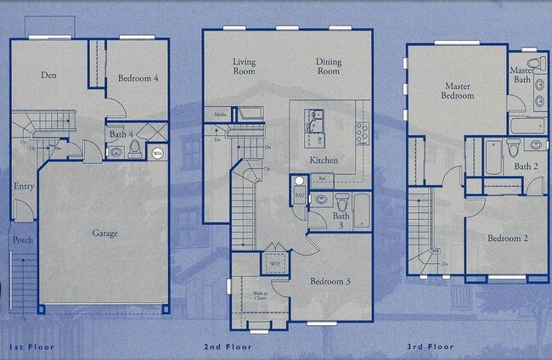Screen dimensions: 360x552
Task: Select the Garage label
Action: tap(104, 232)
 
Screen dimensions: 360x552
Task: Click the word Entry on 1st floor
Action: tap(23, 186)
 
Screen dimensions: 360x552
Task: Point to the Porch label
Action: tap(23, 239)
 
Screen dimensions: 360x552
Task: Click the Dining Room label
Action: tap(330, 66)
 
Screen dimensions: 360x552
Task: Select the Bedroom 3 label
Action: tap(330, 281)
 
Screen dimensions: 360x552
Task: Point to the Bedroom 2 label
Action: tap(508, 239)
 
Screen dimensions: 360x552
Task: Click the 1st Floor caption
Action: tap(32, 348)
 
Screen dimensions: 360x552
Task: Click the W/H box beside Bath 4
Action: tap(158, 153)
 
